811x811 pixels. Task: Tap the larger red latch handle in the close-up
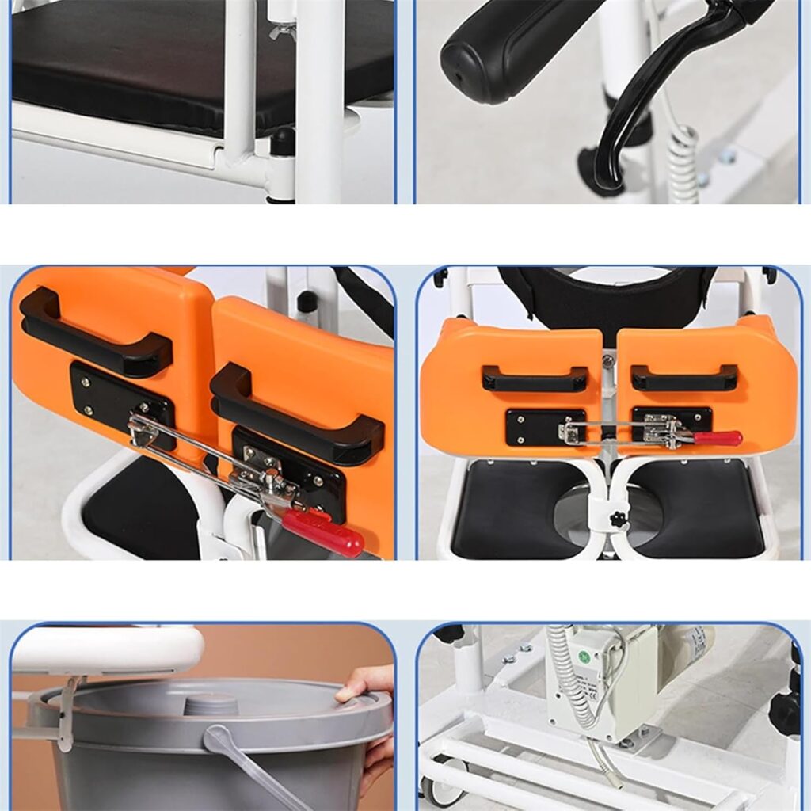pos(323,531)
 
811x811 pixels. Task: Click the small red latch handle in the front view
pos(718,438)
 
